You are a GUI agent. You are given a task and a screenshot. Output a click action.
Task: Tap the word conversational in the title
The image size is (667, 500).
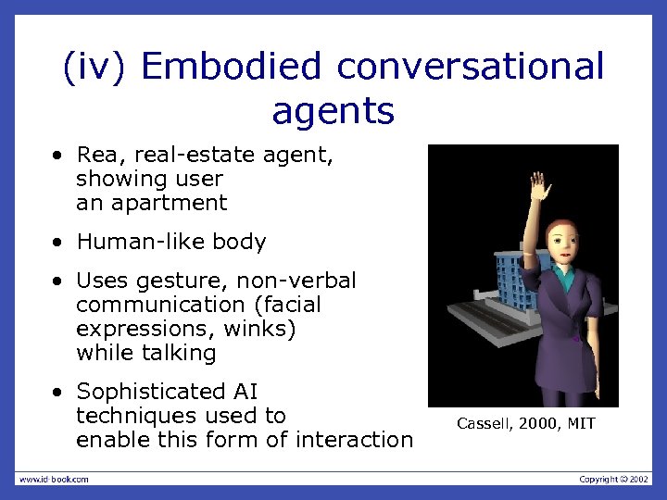pos(471,67)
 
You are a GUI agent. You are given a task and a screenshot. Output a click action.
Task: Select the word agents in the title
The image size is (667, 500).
pos(333,111)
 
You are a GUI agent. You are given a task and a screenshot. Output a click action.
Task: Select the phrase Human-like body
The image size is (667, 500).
pos(170,243)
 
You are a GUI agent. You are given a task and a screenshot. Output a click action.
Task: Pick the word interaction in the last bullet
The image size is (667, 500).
pos(352,440)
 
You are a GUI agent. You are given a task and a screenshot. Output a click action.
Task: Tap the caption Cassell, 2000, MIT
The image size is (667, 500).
pos(525,424)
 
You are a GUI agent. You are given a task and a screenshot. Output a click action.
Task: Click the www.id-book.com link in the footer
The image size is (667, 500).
pos(54,479)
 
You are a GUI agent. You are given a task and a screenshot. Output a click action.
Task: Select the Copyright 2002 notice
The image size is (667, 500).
pos(614,479)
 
